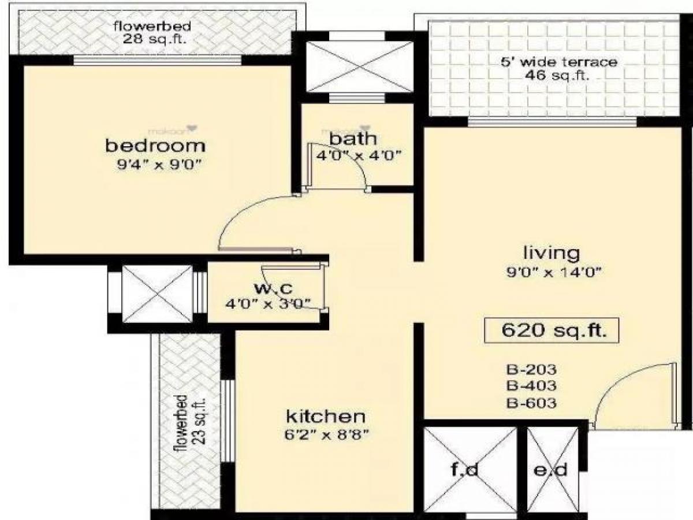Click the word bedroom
(x=155, y=146)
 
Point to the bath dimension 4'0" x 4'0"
(x=358, y=155)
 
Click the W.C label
(x=267, y=287)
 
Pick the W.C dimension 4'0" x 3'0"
(x=268, y=302)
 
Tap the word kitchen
(x=326, y=416)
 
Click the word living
(x=551, y=252)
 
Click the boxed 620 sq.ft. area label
(x=553, y=331)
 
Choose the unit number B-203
(x=531, y=370)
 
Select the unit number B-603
(x=531, y=403)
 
